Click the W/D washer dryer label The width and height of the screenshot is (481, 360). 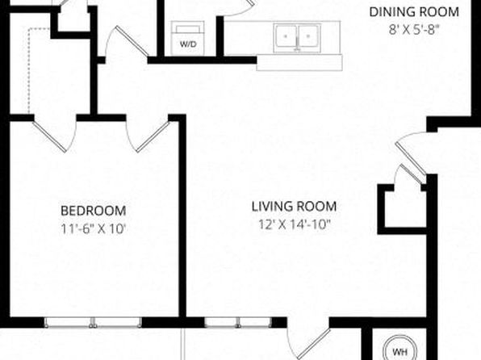(188, 44)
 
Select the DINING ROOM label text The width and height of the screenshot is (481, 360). (414, 12)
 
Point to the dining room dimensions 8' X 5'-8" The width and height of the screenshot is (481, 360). (414, 30)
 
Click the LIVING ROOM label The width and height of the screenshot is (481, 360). (295, 207)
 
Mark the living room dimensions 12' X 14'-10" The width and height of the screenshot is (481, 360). (295, 224)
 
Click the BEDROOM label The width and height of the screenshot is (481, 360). (94, 211)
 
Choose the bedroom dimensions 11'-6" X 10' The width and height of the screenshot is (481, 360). (94, 228)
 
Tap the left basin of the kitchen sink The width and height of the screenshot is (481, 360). (286, 36)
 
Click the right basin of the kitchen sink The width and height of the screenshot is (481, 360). (308, 36)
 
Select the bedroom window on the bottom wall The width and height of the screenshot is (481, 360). (93, 322)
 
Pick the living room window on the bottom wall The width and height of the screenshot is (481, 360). (238, 322)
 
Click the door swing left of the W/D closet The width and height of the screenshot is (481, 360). (127, 42)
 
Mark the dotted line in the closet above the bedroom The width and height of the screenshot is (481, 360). (29, 70)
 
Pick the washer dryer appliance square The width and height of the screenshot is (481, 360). (188, 39)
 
